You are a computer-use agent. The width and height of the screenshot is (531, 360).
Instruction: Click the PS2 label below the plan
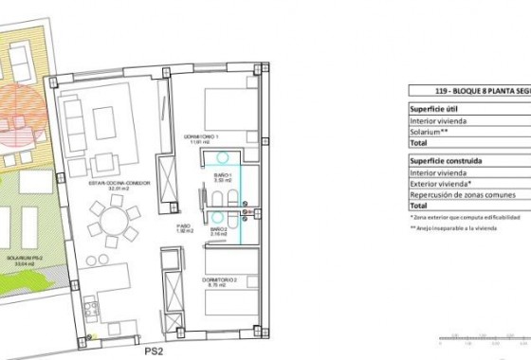pyautogui.click(x=153, y=351)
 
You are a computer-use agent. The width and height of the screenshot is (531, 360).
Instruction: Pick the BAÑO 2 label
pyautogui.click(x=218, y=230)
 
